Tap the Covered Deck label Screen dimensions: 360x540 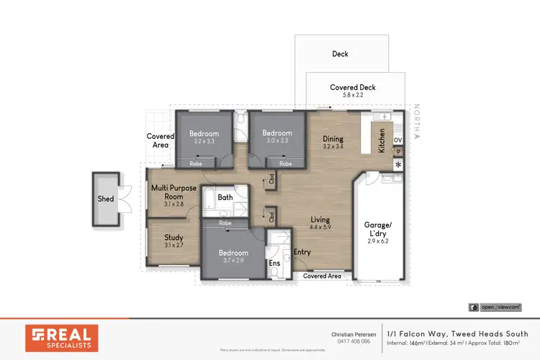pyautogui.click(x=353, y=87)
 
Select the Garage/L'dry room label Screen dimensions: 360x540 pyautogui.click(x=377, y=228)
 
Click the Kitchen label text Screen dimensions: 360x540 pyautogui.click(x=382, y=139)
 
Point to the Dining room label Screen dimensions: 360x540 pyautogui.click(x=333, y=139)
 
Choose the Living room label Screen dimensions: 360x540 pyautogui.click(x=320, y=220)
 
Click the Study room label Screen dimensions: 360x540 pyautogui.click(x=173, y=237)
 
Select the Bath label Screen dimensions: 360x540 pyautogui.click(x=225, y=197)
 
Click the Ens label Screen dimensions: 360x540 pyautogui.click(x=274, y=264)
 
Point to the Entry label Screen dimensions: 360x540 pyautogui.click(x=302, y=251)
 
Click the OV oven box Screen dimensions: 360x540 pyautogui.click(x=397, y=139)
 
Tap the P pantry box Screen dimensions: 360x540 pyautogui.click(x=397, y=152)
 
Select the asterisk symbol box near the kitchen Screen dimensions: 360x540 pyautogui.click(x=397, y=166)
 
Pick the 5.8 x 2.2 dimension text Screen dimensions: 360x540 pyautogui.click(x=353, y=95)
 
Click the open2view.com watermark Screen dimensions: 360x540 pyautogui.click(x=495, y=307)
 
